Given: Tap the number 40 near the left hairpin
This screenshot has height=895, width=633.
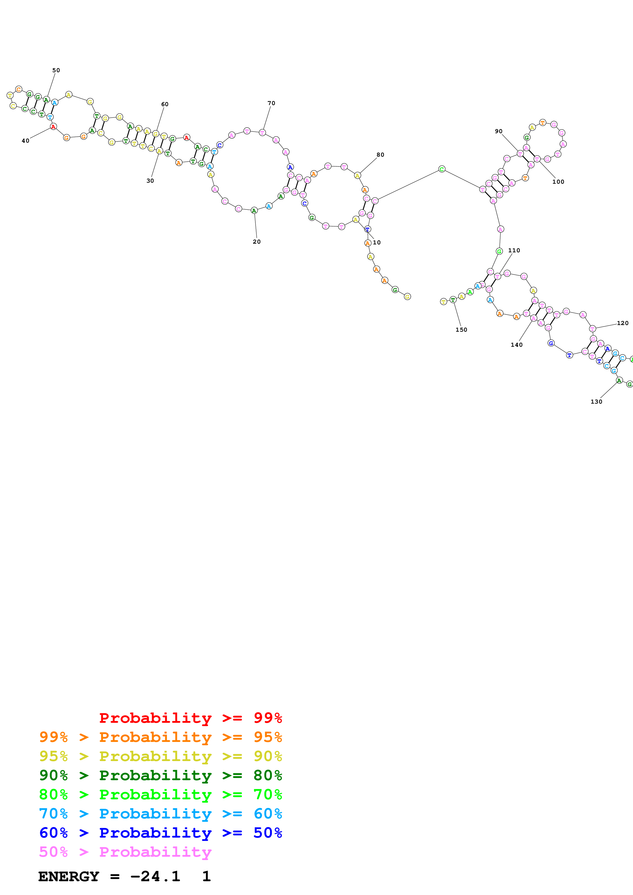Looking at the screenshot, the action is click(25, 141).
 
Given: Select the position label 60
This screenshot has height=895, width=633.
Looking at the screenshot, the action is click(165, 104).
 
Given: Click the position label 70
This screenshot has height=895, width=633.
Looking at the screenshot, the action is click(271, 103).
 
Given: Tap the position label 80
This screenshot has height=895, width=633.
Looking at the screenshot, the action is click(380, 155).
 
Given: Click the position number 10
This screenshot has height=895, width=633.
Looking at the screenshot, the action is click(377, 242).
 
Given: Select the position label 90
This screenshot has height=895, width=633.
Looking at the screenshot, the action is click(498, 131).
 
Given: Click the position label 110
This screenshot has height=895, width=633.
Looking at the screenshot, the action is click(514, 251).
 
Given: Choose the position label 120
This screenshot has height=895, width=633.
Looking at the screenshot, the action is click(623, 323).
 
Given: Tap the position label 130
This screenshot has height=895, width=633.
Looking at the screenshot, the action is click(596, 402).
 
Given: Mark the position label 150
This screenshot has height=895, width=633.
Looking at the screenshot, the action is click(461, 330).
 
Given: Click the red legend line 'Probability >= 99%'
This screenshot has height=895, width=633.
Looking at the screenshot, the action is click(190, 718).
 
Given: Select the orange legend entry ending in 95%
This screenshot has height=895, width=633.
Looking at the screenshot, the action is click(160, 737).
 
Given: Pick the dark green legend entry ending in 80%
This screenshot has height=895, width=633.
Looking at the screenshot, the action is click(160, 775).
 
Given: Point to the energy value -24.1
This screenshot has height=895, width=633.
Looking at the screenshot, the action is click(155, 876).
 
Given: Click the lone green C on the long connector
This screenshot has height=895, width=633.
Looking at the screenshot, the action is click(441, 169).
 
